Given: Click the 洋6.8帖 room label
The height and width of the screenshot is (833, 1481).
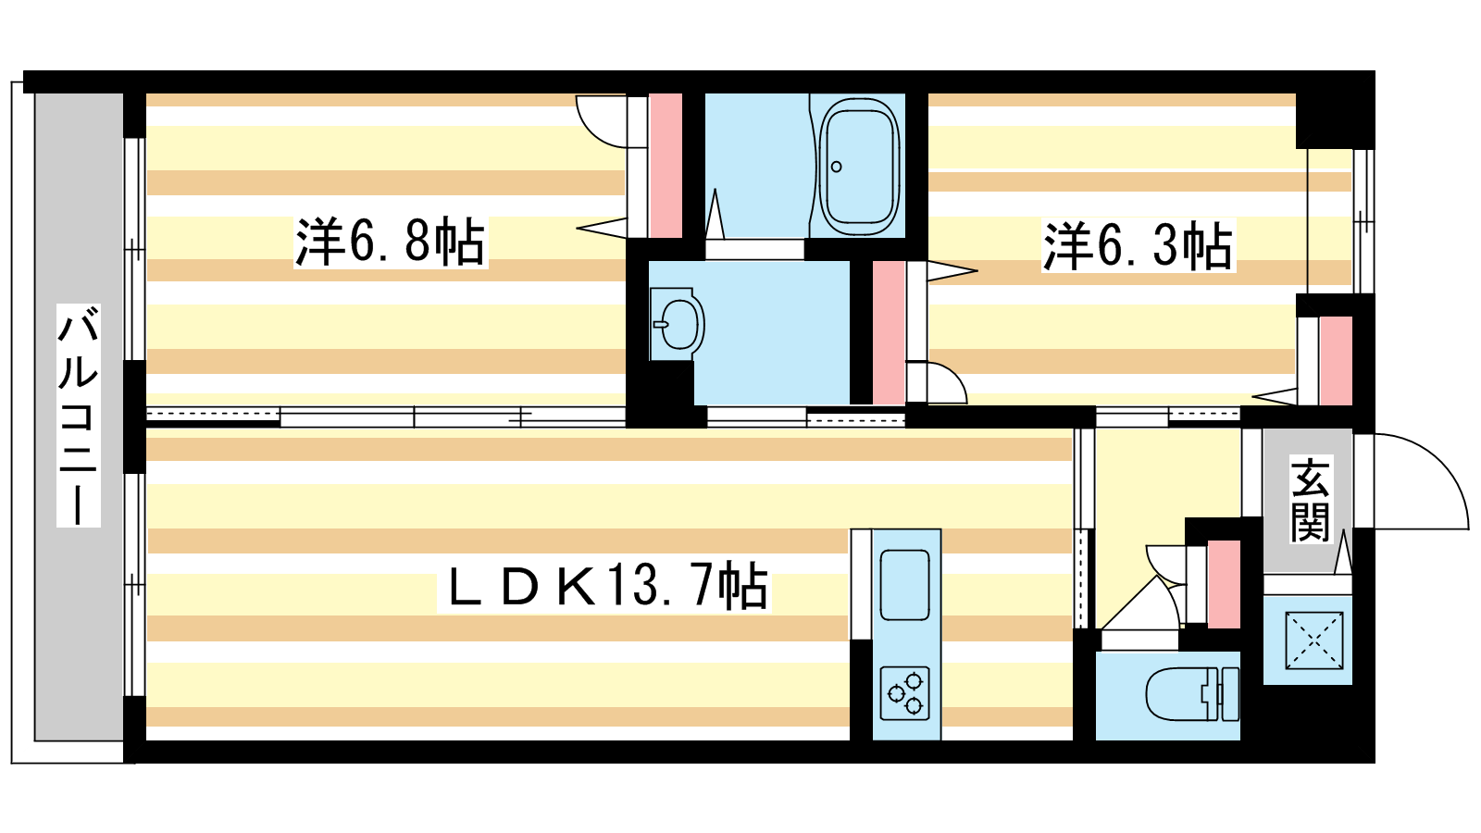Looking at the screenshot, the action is click(x=390, y=242).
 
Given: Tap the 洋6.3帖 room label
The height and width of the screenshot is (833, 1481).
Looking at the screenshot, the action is click(x=1138, y=246).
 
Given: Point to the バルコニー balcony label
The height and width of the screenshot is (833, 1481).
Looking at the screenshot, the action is click(x=79, y=416).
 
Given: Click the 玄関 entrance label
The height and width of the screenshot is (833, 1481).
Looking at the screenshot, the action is click(x=1310, y=499).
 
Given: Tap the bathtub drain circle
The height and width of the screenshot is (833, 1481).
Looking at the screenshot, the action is click(x=837, y=167).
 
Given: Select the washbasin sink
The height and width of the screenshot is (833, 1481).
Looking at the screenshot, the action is click(x=677, y=324).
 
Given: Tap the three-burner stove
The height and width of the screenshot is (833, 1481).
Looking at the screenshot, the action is click(x=905, y=693).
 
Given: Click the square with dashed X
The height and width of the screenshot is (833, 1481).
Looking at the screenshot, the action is click(x=1313, y=640).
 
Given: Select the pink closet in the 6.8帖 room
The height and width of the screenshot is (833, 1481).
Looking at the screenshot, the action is click(x=666, y=166).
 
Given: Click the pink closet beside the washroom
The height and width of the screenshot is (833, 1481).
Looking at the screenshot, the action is click(x=889, y=332).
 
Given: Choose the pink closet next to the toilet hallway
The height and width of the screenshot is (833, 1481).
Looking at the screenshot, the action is click(x=1224, y=584).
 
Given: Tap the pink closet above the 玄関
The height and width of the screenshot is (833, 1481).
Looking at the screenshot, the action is click(x=1336, y=361).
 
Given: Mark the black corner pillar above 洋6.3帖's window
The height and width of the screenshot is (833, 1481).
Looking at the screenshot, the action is click(x=1335, y=120).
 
